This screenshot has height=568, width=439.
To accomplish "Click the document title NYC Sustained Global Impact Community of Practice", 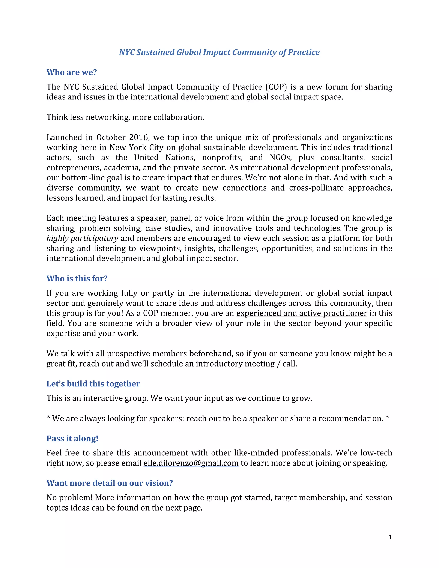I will coord(219,52).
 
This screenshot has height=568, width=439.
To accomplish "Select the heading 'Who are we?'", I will coord(72,72).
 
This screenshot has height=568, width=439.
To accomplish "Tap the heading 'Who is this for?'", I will coord(77,279).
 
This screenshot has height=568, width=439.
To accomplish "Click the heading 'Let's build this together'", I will coord(93,384).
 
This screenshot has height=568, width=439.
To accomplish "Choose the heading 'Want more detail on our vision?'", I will coord(110,483).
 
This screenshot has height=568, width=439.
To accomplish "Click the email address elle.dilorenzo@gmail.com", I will coord(191,463).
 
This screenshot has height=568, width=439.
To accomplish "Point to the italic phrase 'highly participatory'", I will coord(82,238).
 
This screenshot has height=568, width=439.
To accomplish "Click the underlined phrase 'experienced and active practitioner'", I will coord(301,313).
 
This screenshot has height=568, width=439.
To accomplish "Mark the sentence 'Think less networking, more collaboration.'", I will coord(125,117).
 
